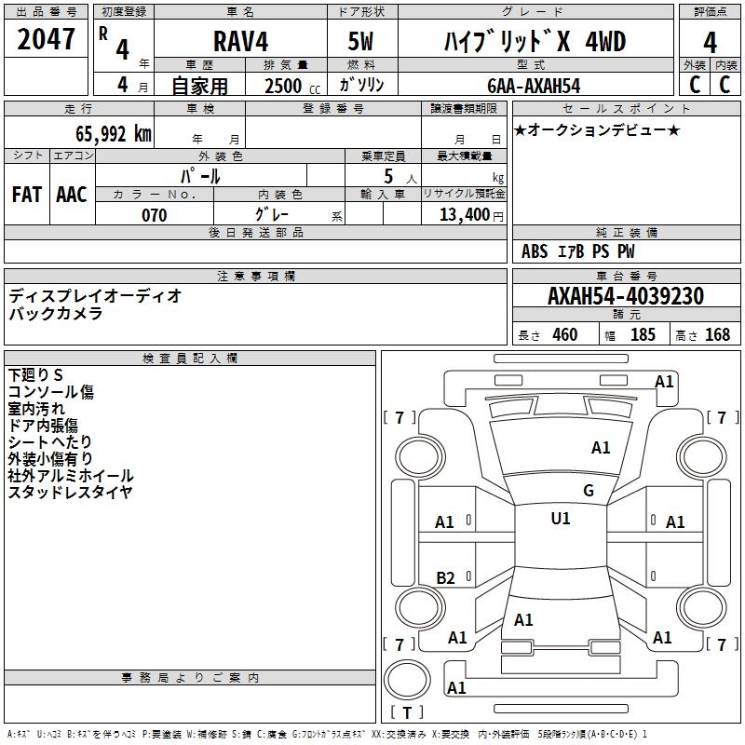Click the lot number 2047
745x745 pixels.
47,40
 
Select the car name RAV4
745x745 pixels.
239,42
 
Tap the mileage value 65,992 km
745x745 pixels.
103,134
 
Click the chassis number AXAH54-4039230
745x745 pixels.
625,296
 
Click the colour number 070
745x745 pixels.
154,215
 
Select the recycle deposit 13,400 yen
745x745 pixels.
463,215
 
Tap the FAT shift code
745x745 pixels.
26,194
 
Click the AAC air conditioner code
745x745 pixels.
71,194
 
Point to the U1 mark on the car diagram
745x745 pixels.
560,519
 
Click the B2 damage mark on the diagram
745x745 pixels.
446,578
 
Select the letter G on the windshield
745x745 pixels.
589,491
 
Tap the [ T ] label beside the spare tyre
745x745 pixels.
406,712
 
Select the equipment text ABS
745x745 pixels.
535,251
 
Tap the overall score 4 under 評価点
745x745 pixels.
710,42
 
